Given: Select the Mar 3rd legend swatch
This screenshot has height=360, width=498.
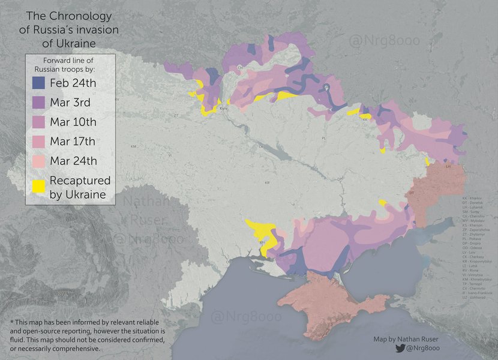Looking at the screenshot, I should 39,103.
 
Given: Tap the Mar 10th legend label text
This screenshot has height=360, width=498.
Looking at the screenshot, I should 73,122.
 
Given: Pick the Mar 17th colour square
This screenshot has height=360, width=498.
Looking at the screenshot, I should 39,142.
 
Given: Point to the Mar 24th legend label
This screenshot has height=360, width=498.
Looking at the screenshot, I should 73,161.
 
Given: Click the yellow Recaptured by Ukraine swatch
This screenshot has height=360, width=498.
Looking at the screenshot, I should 39,187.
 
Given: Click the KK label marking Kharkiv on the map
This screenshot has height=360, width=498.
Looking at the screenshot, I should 365,120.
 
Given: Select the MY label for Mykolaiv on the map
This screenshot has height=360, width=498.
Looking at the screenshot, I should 262,242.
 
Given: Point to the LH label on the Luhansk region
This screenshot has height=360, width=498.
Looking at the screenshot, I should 448,167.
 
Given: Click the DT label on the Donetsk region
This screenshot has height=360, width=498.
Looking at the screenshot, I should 412,193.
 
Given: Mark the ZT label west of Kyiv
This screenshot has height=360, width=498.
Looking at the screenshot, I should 176,115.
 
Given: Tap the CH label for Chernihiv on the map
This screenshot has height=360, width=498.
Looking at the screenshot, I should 240,68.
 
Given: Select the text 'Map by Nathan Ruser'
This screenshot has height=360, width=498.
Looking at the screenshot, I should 406,340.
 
